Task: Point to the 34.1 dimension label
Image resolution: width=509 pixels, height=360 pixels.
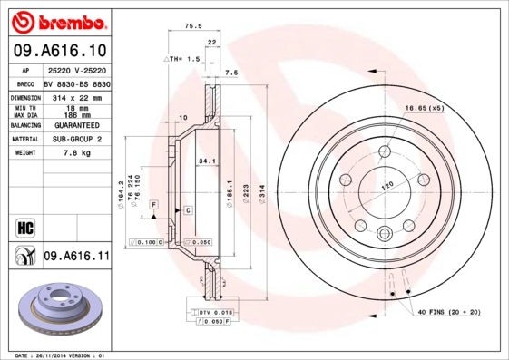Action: click(207, 162)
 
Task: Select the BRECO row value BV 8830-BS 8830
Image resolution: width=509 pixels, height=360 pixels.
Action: click(76, 83)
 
